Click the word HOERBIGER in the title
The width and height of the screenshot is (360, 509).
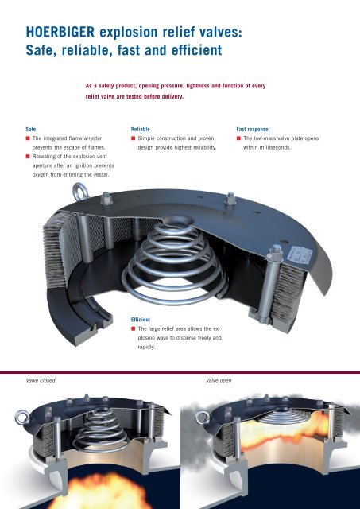pos(60,32)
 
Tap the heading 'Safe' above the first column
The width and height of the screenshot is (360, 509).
pos(31,129)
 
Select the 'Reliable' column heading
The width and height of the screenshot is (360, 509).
pos(141,129)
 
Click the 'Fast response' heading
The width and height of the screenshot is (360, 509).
pos(252,129)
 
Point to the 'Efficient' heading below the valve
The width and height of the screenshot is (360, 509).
pos(141,320)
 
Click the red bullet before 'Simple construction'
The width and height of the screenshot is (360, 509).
pos(133,138)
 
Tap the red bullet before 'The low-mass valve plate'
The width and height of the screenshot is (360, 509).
pos(238,138)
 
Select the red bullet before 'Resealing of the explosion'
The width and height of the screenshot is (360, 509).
pos(28,157)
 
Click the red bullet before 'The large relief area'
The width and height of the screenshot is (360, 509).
pos(133,328)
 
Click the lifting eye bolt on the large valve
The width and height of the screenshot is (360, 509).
pos(80,192)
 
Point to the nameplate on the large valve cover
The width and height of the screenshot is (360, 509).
pos(300,254)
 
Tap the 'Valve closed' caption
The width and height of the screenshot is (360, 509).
pos(41,380)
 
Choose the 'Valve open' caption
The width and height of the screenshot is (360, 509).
pos(219,380)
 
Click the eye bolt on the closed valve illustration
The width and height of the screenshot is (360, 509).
pos(22,417)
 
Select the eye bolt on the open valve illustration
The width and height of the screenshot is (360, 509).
pos(202,418)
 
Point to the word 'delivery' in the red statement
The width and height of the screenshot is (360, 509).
pos(172,97)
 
